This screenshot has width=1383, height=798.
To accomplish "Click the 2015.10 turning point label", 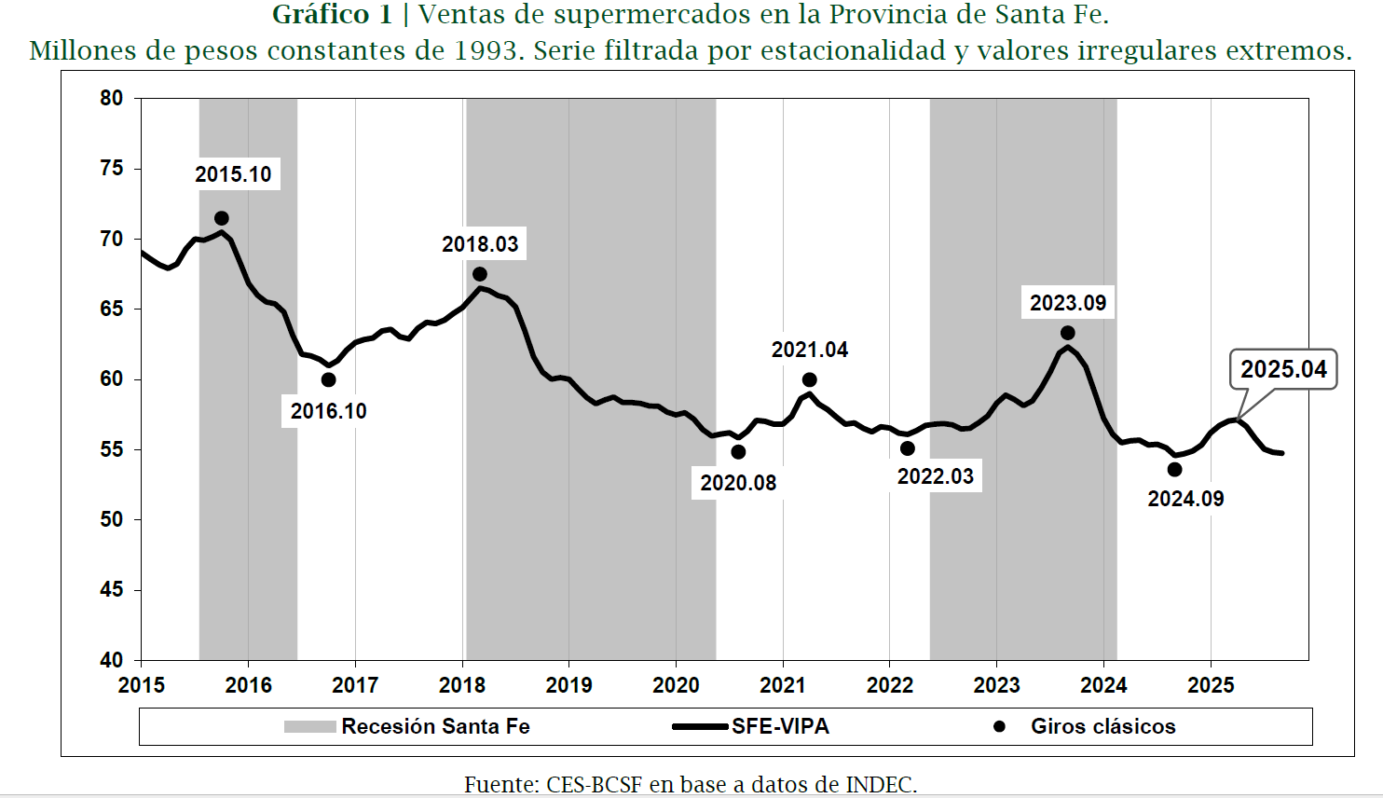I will [x=233, y=174].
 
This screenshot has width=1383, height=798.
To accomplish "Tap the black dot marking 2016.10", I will [x=328, y=379].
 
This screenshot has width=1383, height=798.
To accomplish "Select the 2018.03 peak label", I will [x=480, y=244].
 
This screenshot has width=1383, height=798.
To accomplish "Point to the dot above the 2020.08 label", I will [x=738, y=452].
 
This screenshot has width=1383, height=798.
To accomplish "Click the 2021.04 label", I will [x=809, y=350].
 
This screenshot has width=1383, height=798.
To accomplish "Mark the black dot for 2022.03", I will [x=907, y=448].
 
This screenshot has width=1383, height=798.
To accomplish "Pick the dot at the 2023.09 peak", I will [x=1067, y=333].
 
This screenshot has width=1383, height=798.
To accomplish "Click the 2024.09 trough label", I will [x=1185, y=499].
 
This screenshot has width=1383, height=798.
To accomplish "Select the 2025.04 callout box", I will [x=1283, y=369].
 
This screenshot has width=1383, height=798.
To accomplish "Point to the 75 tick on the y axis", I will [x=112, y=168].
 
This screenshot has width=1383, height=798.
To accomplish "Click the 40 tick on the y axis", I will [x=112, y=660].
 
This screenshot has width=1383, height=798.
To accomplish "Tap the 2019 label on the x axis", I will [x=568, y=685].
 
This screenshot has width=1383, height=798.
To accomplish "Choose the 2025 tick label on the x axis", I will [x=1211, y=685].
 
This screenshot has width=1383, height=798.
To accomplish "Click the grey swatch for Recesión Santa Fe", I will [x=309, y=726].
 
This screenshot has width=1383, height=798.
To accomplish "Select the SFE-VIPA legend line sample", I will [x=699, y=726].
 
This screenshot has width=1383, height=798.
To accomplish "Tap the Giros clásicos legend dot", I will [x=999, y=726].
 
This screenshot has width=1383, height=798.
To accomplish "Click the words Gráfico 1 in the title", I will [x=332, y=15].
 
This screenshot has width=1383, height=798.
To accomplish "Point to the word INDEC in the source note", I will [x=880, y=785].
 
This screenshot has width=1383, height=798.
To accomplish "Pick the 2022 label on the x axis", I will [x=890, y=685].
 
